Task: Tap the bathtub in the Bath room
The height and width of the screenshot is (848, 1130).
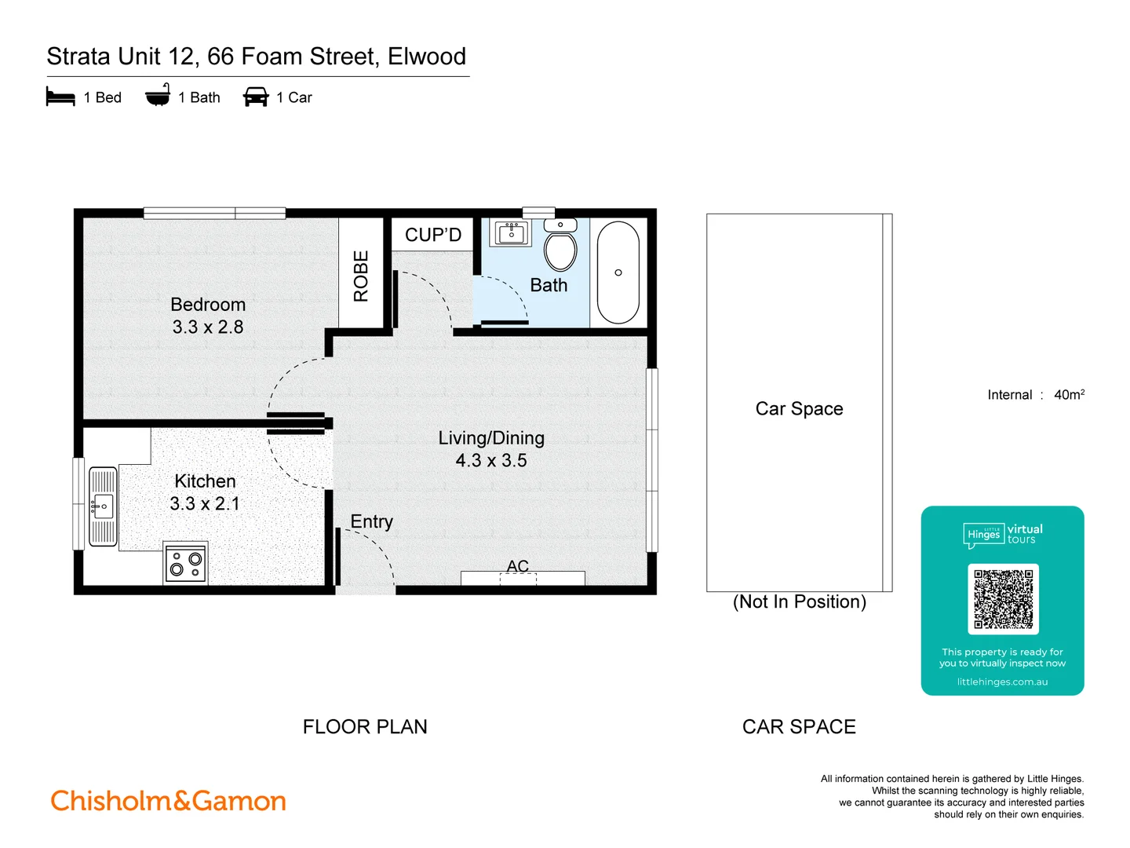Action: [618, 272]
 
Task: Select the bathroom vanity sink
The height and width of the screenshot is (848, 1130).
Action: [512, 233]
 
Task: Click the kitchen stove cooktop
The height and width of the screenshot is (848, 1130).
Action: [186, 564]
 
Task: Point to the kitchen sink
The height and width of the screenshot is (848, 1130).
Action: [103, 506]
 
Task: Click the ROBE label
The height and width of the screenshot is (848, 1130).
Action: [361, 276]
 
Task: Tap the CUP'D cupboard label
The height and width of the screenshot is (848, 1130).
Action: [433, 235]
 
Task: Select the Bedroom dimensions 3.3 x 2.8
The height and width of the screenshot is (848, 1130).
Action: [208, 327]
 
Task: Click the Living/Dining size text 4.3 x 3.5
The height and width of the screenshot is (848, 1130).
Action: [491, 460]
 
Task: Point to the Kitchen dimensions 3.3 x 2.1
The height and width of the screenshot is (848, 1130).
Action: [205, 503]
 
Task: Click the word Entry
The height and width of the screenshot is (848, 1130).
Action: [371, 521]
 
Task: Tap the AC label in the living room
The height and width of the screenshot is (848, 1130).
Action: [518, 566]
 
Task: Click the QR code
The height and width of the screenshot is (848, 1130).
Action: [1003, 599]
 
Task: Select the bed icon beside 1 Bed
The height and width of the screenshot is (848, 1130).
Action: [60, 97]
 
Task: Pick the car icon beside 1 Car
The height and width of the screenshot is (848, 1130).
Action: [256, 97]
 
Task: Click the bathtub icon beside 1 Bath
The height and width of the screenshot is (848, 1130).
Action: [158, 96]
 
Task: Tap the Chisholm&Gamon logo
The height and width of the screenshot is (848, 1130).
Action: [169, 801]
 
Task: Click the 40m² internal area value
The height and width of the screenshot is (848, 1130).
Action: [1069, 395]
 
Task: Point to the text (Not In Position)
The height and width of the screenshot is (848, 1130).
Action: [800, 601]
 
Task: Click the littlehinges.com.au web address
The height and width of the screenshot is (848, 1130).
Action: [1002, 682]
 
